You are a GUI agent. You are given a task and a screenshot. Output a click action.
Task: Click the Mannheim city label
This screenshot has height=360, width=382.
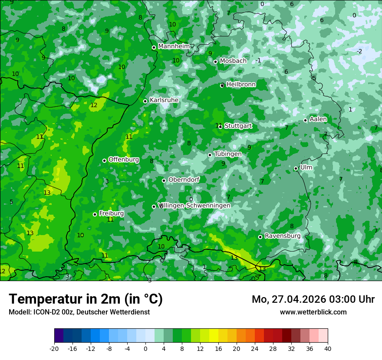[174, 46]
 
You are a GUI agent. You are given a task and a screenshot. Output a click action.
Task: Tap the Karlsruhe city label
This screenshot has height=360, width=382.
[164, 100]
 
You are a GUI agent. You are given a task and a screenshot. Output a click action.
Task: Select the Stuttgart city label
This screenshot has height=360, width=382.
[238, 126]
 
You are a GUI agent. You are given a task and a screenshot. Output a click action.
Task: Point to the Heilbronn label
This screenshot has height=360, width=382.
[241, 84]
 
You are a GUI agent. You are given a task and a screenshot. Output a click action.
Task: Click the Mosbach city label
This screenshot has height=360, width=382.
[233, 61]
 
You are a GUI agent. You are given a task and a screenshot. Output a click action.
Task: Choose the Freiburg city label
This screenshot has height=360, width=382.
[111, 213]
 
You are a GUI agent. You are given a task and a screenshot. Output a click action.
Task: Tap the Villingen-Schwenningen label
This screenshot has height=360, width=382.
[194, 205]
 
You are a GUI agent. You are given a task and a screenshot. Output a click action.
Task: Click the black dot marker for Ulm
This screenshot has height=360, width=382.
[296, 168]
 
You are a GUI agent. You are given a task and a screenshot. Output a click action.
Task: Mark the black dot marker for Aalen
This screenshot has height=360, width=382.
[306, 120]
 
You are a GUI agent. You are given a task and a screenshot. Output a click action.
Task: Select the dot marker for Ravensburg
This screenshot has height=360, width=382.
[260, 237]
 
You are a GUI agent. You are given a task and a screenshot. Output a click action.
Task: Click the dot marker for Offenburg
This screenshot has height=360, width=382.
[104, 160]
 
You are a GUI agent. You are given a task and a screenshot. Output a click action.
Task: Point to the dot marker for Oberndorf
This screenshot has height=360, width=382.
[164, 180]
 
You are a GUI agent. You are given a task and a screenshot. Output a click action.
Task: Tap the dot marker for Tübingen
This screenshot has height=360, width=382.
[210, 155]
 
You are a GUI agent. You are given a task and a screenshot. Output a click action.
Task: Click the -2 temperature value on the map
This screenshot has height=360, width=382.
[359, 51]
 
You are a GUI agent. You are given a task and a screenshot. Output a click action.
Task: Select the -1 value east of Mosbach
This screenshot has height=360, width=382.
[258, 60]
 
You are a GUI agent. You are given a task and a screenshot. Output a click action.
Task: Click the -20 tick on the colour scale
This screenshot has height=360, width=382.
[54, 348]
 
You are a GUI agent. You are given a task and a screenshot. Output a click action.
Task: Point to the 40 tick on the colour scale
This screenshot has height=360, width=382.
[328, 348]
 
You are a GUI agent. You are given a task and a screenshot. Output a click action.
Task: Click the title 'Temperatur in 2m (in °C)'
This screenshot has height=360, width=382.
[86, 299]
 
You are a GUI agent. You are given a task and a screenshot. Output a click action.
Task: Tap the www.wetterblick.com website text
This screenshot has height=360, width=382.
[313, 312]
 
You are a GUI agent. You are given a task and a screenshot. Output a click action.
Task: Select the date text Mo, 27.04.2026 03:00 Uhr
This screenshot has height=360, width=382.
[313, 299]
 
